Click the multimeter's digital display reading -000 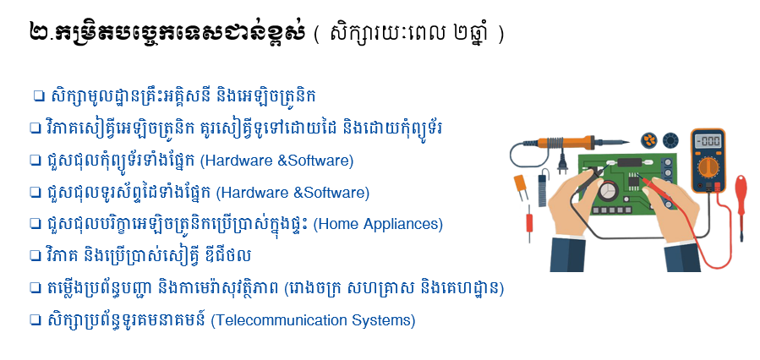point(708,141)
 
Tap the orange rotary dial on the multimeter point(708,167)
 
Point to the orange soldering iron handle point(566,143)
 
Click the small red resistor point(529,223)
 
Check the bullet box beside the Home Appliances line point(35,224)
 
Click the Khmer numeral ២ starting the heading point(40,32)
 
